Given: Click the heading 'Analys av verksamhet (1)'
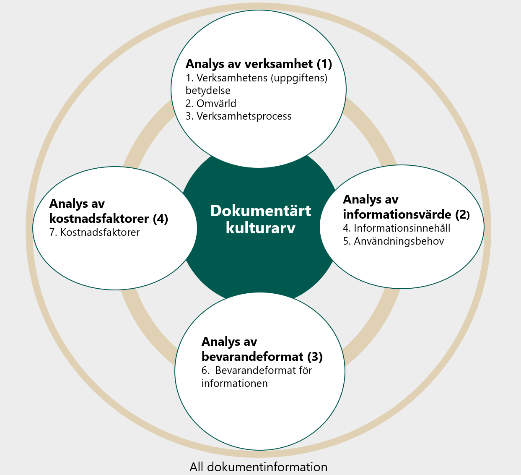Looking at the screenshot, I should (259, 64).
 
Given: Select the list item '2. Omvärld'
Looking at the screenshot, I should (211, 103).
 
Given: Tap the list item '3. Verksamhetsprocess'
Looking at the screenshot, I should (238, 116).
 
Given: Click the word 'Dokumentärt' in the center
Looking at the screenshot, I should (260, 211).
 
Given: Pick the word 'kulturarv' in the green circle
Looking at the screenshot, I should (260, 228).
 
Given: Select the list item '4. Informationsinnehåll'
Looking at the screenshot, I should (397, 228).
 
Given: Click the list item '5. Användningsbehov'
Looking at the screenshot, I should (393, 241).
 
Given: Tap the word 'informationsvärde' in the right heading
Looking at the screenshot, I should (397, 214).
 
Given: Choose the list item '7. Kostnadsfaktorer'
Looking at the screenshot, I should (94, 232).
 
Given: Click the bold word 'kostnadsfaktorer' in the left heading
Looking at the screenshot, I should (99, 219).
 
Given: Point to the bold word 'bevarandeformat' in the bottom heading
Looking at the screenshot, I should (252, 357).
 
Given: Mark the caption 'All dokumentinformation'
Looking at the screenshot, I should (258, 467).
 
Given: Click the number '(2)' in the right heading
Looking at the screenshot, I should (462, 214).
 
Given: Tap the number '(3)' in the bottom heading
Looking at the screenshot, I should (315, 357).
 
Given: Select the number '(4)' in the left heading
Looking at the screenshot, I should (160, 219).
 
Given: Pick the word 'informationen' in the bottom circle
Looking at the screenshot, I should (234, 384).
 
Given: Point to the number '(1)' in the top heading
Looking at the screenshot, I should (324, 64).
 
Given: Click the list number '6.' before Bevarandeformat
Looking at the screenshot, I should (205, 371).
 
